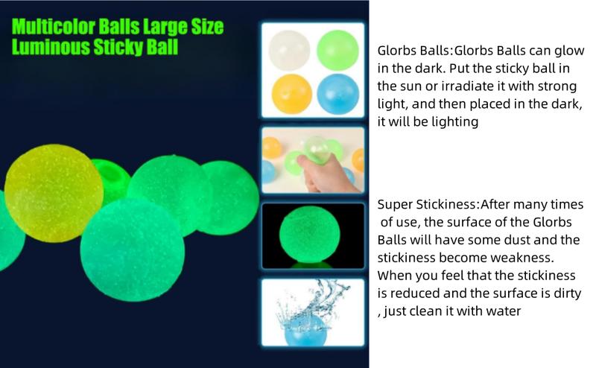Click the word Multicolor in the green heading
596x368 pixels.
53,27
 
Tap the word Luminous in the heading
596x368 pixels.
51,47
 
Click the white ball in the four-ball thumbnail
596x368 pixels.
289,50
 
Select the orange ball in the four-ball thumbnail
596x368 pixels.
292,94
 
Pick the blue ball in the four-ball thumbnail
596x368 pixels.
338,94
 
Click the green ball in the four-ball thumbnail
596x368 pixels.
337,50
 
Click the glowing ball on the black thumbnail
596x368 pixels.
309,234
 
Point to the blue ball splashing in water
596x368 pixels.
305,330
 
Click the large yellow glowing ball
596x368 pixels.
54,193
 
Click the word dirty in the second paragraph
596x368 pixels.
566,294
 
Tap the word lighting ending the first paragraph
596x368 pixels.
454,122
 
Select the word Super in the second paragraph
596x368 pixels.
395,205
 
